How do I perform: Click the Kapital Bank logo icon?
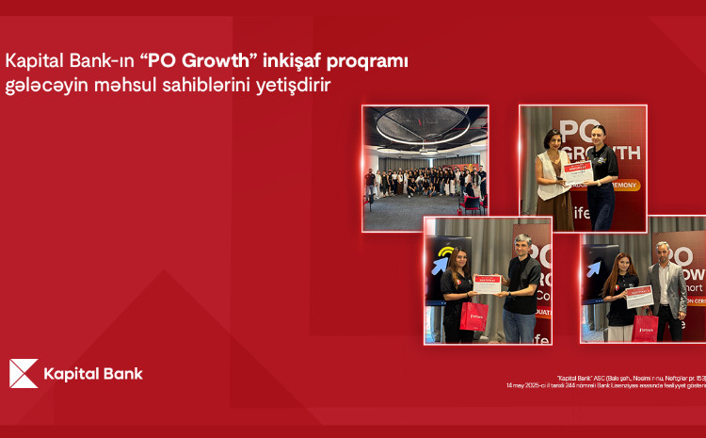tap(24, 374)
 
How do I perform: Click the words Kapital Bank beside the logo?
tap(93, 374)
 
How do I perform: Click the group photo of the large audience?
tap(425, 168)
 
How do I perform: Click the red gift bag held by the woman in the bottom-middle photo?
tap(473, 316)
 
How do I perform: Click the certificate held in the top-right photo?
tap(578, 176)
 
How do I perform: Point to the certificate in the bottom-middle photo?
tap(488, 280)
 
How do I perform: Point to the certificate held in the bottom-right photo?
tap(639, 296)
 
